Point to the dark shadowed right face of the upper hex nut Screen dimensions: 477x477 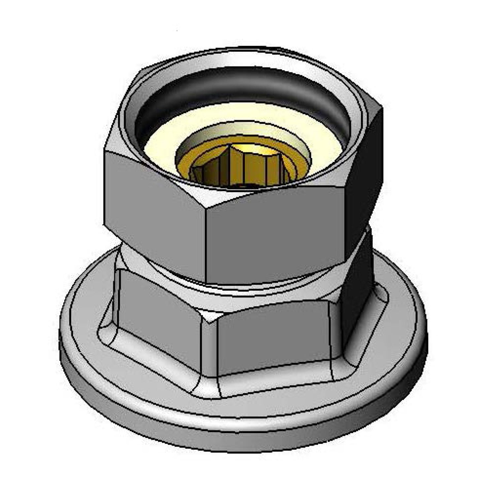point(363,172)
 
